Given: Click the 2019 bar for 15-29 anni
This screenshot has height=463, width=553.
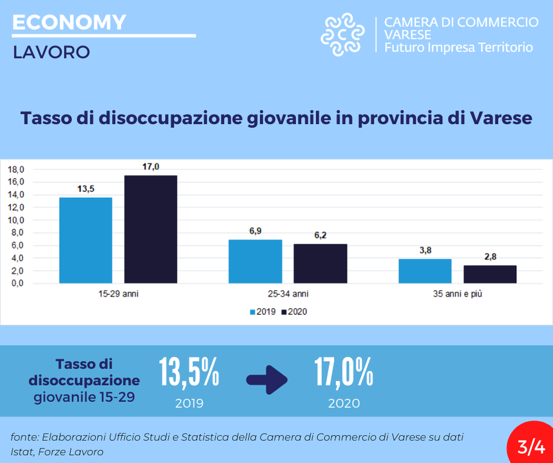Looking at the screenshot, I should coord(86,240).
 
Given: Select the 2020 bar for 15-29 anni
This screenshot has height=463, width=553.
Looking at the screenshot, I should coord(151,229).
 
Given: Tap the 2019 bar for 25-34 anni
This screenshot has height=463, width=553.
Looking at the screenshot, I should coord(255,261).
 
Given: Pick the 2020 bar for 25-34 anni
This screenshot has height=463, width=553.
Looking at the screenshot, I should coord(320,263).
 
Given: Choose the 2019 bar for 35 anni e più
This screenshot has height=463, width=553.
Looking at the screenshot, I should coord(425,271).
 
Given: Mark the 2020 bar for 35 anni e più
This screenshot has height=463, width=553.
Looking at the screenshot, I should coord(490,274).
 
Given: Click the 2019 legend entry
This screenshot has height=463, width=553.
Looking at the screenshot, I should coord(263,312).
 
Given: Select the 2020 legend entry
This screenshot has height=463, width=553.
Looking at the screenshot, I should coord(295,312).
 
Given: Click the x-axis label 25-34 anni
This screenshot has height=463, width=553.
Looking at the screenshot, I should coord(288,295).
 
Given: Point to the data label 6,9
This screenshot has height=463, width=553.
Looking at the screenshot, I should coord(255,231).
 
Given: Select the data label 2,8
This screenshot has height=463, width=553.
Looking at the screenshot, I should coord(490,257).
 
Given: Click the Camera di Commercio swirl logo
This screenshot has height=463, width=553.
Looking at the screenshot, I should coord(343,34).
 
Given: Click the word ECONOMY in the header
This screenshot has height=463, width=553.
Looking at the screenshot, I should coord(69,22).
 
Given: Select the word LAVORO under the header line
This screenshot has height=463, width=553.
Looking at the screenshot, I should coord(51,52).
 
